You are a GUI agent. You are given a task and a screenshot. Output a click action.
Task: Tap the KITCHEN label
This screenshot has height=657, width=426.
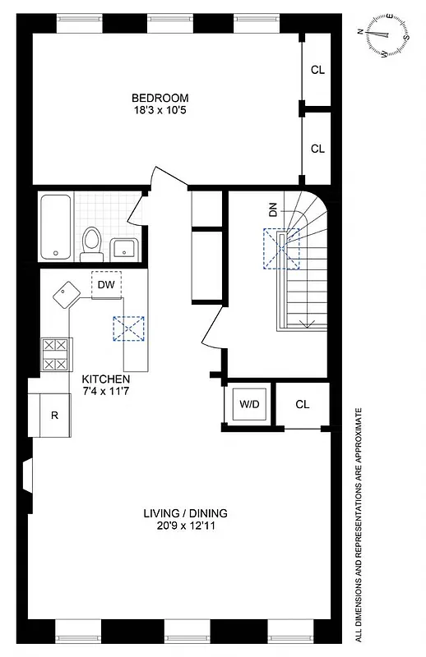click(106, 379)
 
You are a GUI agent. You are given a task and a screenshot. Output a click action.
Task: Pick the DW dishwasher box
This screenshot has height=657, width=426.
click(105, 285)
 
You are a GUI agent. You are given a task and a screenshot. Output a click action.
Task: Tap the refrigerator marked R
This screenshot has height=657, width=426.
click(54, 415)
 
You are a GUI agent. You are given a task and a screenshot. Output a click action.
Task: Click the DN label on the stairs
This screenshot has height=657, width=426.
click(272, 210)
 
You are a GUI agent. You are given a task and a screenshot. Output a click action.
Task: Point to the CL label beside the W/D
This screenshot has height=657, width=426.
click(302, 404)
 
